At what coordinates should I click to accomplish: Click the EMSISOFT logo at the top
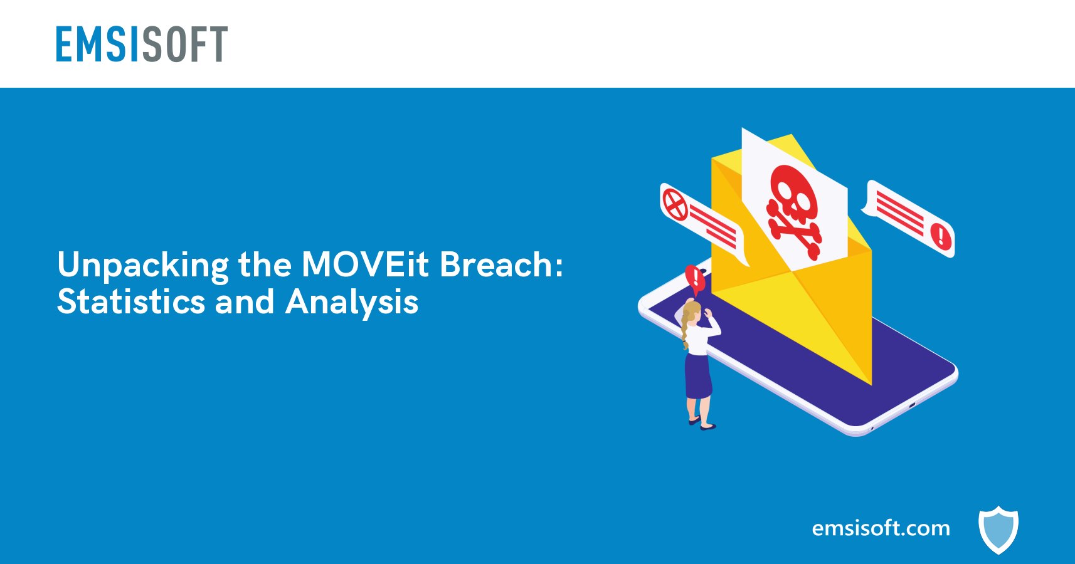(142, 44)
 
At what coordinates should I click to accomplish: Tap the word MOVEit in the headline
(365, 264)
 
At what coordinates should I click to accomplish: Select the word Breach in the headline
(501, 264)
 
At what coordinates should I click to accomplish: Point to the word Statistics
(131, 301)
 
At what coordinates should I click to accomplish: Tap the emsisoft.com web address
(881, 528)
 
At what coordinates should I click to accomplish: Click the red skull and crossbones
(794, 211)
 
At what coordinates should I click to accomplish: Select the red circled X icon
(675, 204)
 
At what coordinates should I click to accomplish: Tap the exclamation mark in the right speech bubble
(941, 236)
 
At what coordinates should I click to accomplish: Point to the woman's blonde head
(692, 311)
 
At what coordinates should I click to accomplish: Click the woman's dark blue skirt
(698, 377)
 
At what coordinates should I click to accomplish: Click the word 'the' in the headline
(265, 264)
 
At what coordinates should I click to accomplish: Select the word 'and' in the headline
(245, 301)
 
